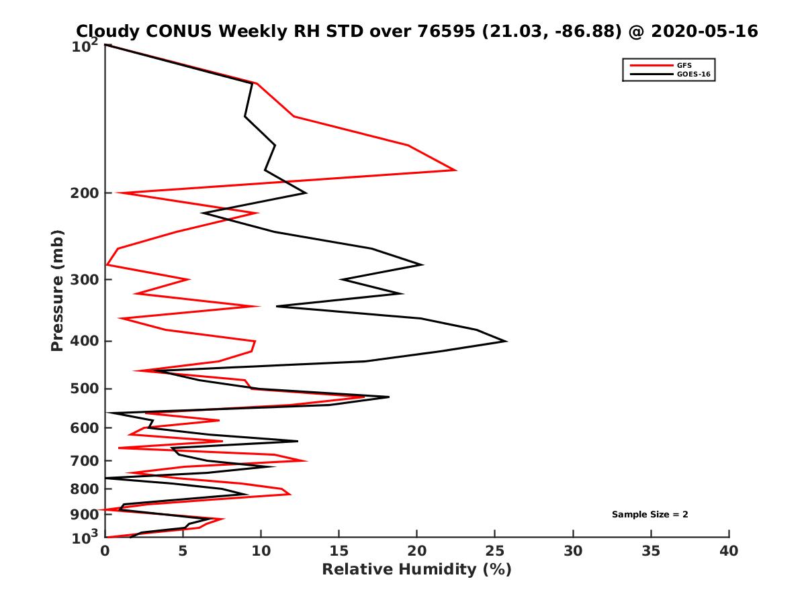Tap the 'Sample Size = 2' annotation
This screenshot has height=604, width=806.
(x=650, y=515)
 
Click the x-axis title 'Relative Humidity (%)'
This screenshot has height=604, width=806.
(x=416, y=570)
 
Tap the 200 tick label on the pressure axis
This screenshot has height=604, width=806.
(x=85, y=193)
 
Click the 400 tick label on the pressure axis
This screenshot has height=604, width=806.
(x=85, y=341)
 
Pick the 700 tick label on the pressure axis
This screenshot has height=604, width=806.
(x=85, y=461)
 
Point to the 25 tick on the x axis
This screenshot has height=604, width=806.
(x=495, y=552)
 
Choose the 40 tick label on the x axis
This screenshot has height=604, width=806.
(x=729, y=552)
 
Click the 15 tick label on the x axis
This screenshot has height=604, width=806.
(x=339, y=552)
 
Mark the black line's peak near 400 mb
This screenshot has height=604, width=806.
(x=506, y=342)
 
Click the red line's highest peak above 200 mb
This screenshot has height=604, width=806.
(x=456, y=170)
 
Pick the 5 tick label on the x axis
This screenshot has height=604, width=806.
(x=183, y=552)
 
